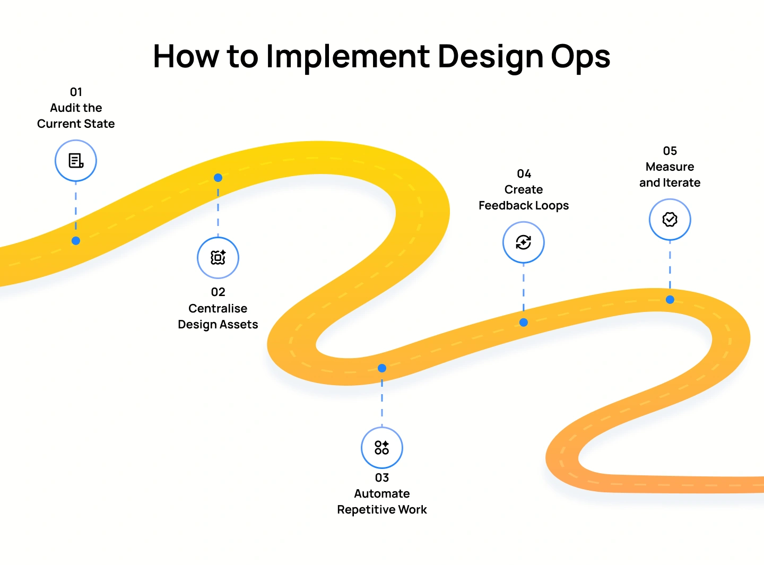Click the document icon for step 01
[76, 161]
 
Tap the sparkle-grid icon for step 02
[218, 258]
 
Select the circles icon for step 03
[382, 448]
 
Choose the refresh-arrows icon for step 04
[524, 242]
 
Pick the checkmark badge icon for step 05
[670, 220]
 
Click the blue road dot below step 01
[76, 241]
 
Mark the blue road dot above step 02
[218, 178]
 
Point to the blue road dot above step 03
[382, 368]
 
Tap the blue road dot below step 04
[524, 323]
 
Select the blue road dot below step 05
[670, 300]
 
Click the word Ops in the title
[580, 57]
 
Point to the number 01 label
[76, 92]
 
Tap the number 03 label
[382, 477]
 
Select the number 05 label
[670, 151]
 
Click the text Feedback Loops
[524, 206]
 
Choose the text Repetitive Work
[382, 510]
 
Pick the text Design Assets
[218, 325]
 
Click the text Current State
[76, 124]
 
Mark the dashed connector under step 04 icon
[524, 289]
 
